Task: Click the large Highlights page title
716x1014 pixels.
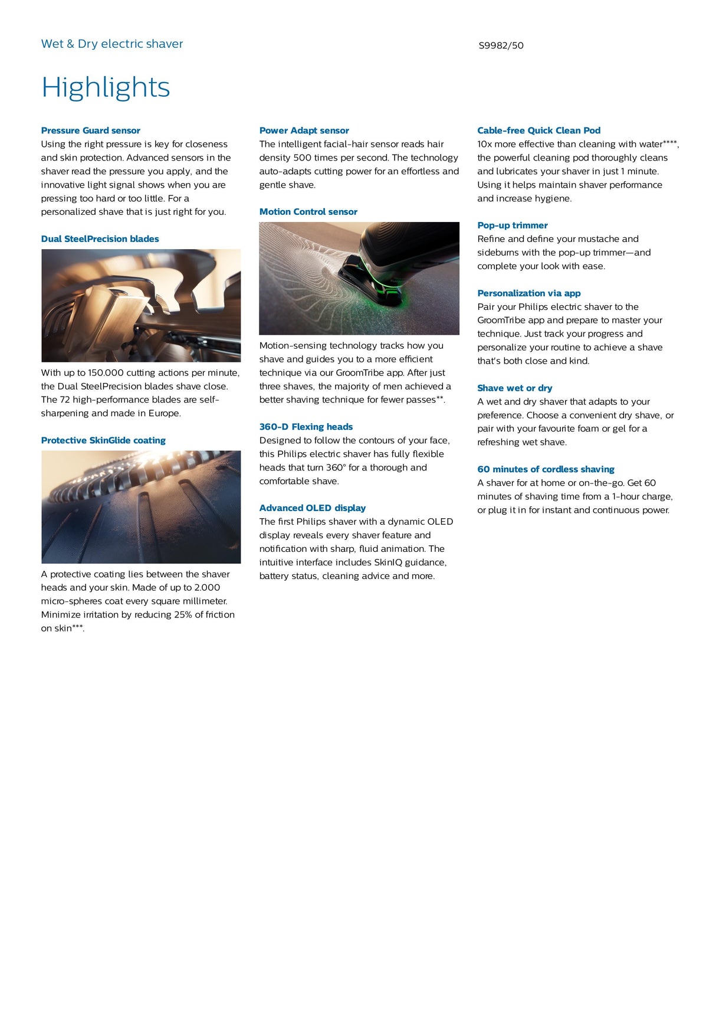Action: pos(106,87)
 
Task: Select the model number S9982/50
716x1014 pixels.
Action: pos(501,45)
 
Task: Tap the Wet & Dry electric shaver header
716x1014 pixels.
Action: pos(112,44)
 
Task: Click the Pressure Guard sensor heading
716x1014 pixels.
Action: pos(91,130)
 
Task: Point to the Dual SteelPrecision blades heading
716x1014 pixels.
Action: pos(100,239)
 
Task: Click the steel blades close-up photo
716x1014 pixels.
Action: pos(141,305)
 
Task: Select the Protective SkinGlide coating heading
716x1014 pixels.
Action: pos(103,440)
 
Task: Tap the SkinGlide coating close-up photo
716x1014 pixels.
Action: pos(141,507)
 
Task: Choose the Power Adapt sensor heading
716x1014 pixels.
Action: pos(304,130)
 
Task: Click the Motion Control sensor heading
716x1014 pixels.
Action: pos(308,212)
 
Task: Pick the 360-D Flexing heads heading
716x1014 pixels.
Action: pos(306,427)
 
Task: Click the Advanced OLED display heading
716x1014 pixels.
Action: pos(312,508)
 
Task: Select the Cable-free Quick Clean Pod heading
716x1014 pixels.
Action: pos(538,130)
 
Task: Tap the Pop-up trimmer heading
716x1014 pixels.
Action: pos(512,225)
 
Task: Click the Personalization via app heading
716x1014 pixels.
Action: pos(528,293)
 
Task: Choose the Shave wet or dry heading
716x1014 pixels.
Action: pos(514,388)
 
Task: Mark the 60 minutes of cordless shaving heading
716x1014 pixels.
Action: pos(546,469)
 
